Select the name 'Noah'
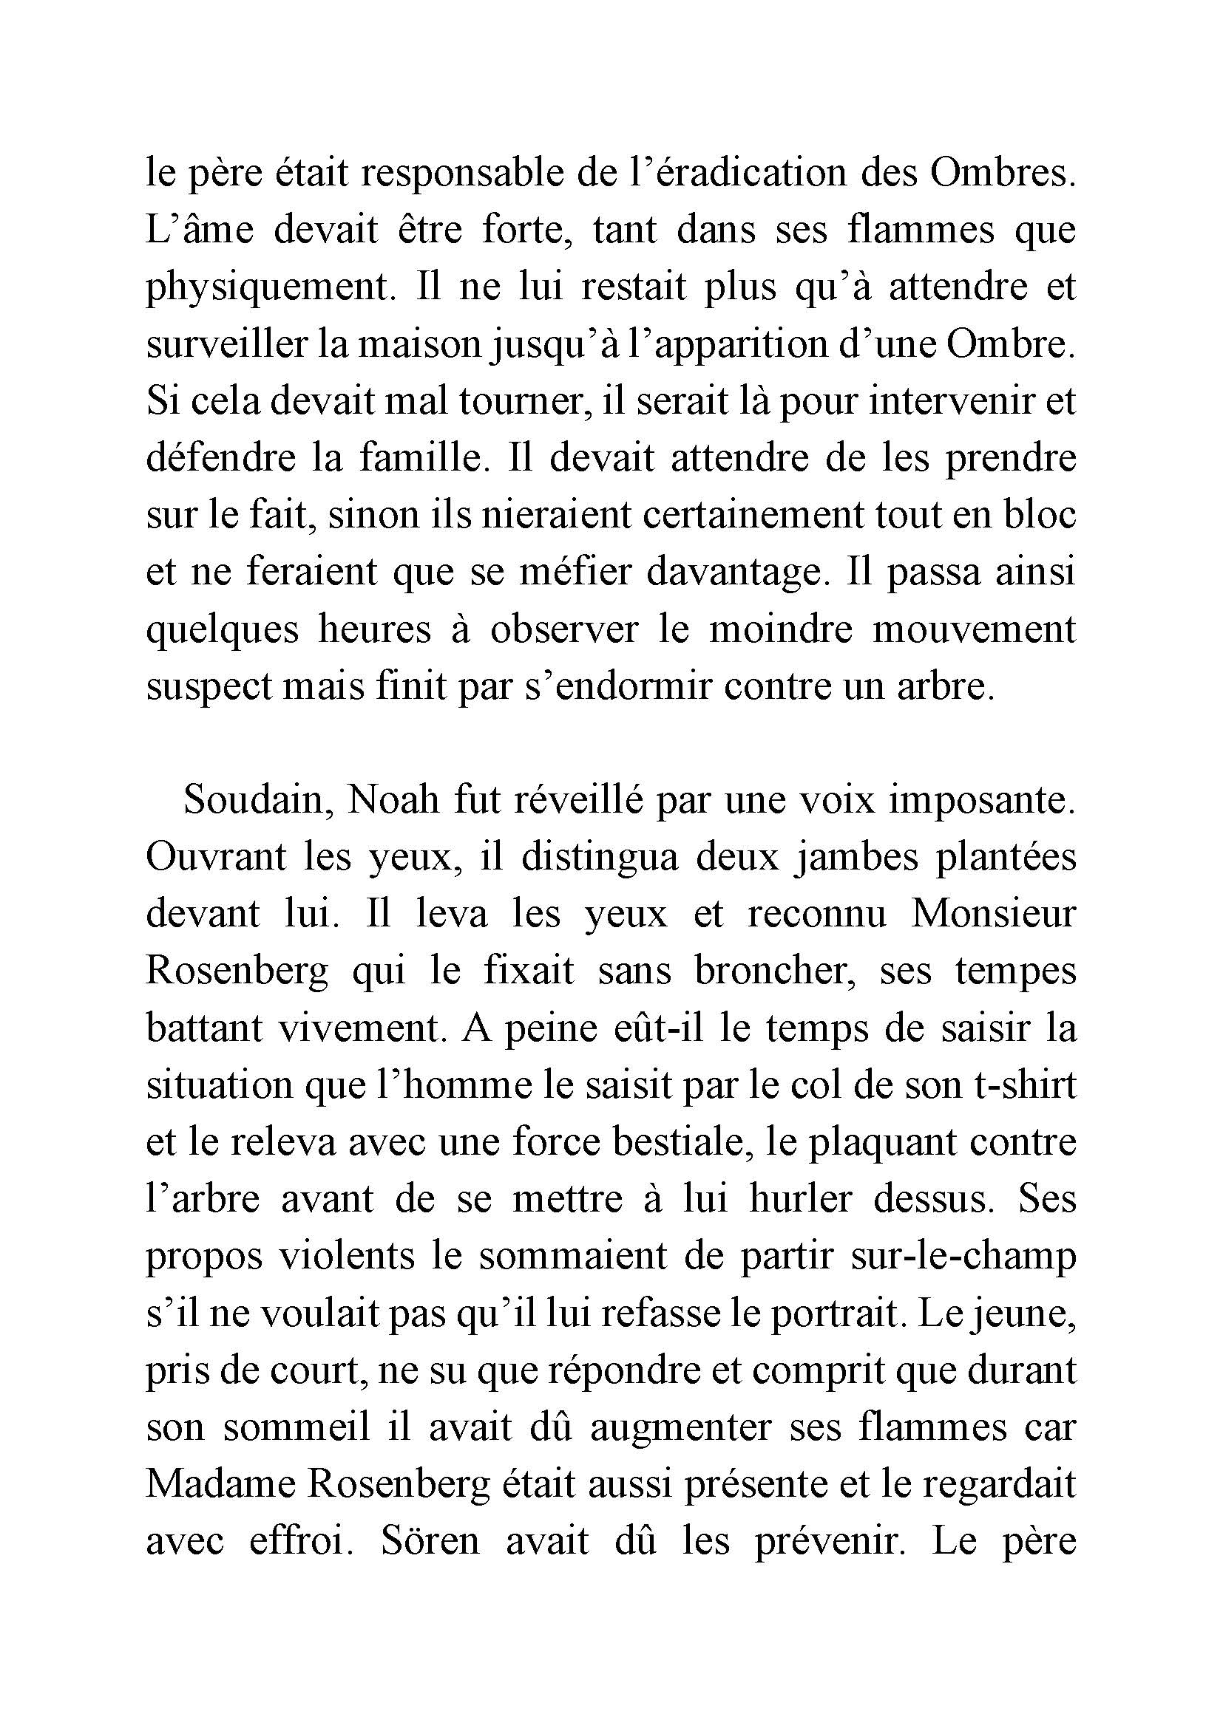393,801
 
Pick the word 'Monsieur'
994,915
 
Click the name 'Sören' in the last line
430,1540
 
